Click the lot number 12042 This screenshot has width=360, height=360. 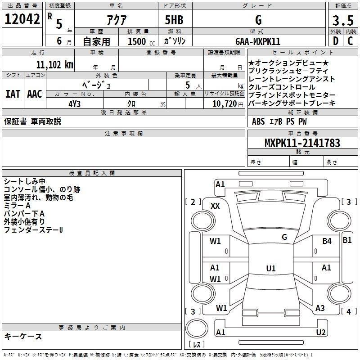(22, 19)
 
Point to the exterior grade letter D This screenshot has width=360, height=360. (335, 41)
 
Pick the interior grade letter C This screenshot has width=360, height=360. (350, 41)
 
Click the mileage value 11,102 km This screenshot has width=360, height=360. (54, 64)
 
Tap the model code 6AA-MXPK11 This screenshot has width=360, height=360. (257, 41)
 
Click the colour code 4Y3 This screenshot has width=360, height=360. (75, 103)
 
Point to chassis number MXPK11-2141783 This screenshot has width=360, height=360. (302, 143)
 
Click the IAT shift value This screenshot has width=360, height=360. (13, 94)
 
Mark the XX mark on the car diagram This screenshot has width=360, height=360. (216, 206)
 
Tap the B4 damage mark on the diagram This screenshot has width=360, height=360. (327, 241)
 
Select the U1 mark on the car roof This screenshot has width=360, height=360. (270, 268)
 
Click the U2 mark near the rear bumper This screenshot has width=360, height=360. (321, 332)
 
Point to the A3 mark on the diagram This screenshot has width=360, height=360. (320, 308)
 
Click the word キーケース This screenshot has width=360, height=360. (23, 336)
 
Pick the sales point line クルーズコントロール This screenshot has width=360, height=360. (282, 87)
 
